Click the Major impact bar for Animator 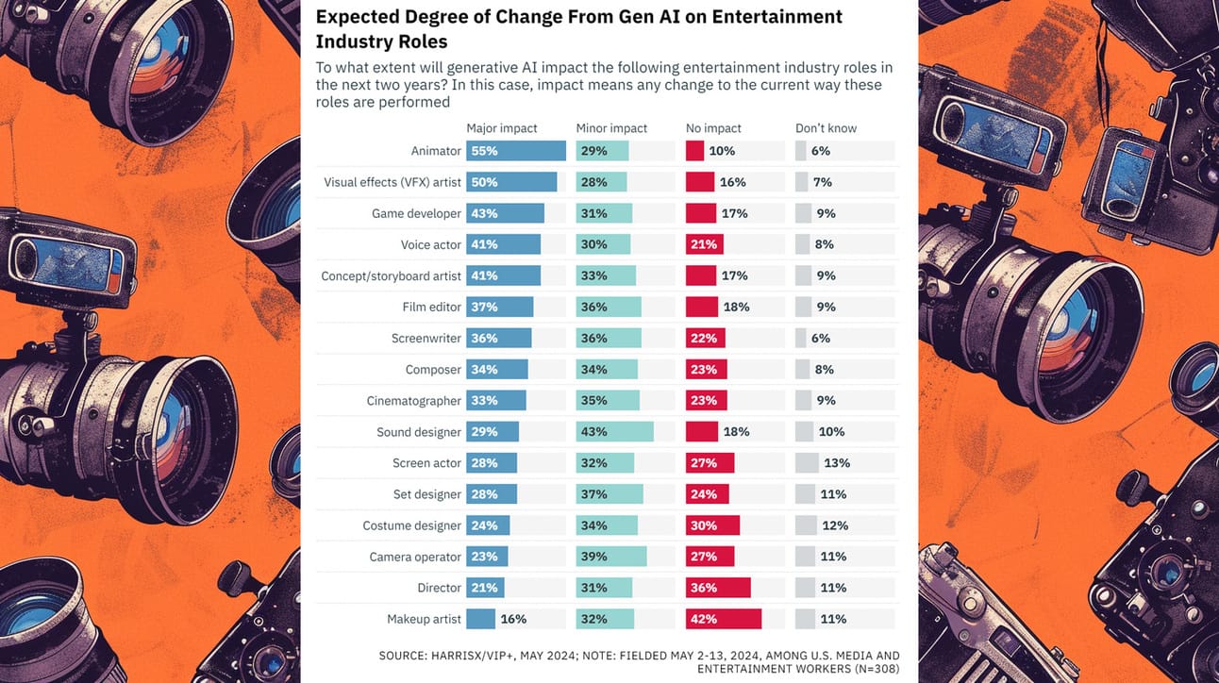(516, 151)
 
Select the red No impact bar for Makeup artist (724, 619)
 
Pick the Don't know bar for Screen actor (807, 463)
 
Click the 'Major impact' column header (502, 128)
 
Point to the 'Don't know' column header (827, 128)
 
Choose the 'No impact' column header (714, 128)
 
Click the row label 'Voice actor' (431, 244)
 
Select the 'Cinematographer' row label (414, 401)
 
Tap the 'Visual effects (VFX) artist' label (392, 182)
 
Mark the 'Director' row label (440, 588)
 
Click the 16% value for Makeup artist (513, 619)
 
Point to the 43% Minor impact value (594, 432)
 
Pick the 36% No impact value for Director (704, 588)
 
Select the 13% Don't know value (837, 463)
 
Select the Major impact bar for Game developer (506, 213)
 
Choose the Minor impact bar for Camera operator (611, 557)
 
